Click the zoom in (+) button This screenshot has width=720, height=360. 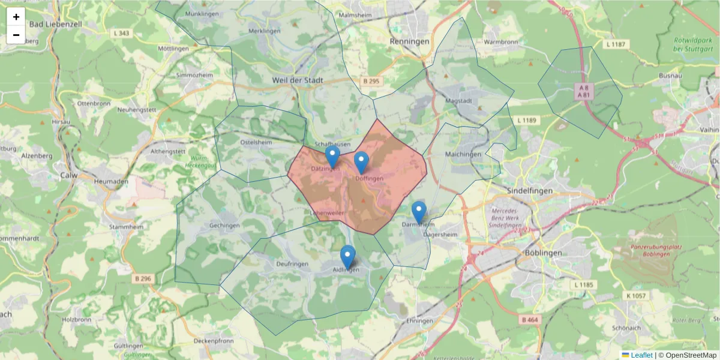point(16,17)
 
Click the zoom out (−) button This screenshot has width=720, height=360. point(16,35)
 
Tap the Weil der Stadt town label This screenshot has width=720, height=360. point(298,80)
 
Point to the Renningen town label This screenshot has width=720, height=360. point(410,41)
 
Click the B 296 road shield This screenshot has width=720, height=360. point(142,278)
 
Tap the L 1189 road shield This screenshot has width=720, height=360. point(529,121)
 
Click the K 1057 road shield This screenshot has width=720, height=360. point(635,296)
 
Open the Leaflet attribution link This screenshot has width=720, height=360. point(641,355)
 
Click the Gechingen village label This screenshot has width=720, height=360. point(224,226)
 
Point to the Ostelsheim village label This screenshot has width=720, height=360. point(256,142)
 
